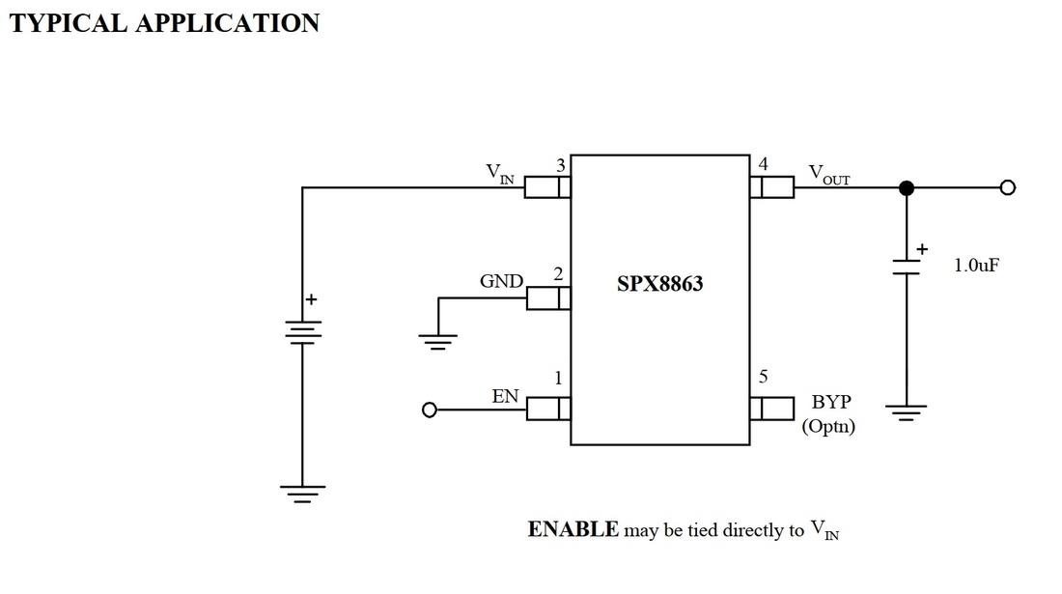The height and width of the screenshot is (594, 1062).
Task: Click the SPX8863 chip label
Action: (x=660, y=285)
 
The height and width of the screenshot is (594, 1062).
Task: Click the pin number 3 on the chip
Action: (x=560, y=166)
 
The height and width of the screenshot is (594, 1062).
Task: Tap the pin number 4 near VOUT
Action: (x=764, y=164)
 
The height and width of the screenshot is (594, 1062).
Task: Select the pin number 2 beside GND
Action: (x=558, y=275)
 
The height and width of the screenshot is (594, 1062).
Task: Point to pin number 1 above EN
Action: (x=558, y=378)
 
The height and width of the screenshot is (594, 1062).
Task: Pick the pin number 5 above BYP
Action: (x=763, y=377)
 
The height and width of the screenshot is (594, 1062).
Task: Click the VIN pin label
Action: (x=499, y=174)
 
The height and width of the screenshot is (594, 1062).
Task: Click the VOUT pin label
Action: (x=828, y=175)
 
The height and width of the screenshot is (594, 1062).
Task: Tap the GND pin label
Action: (x=501, y=282)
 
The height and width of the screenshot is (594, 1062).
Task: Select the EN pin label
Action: (x=505, y=396)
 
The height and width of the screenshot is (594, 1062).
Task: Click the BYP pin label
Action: (x=831, y=402)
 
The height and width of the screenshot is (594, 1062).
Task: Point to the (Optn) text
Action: (x=828, y=426)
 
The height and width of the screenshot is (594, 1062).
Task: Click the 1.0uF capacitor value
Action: (x=976, y=265)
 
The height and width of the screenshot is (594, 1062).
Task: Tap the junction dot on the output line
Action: (x=906, y=187)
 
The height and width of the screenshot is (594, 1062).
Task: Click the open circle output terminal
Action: (x=1007, y=187)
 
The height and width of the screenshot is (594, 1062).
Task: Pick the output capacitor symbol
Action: (x=906, y=267)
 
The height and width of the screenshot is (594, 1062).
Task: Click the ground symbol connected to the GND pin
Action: (x=437, y=340)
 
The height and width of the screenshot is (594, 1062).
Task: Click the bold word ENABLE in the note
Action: (x=573, y=529)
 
